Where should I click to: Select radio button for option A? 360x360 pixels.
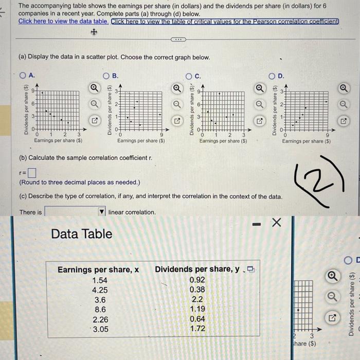23,76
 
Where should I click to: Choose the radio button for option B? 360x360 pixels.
106,76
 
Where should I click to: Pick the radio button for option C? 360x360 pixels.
189,76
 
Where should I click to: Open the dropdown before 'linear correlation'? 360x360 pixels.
75,212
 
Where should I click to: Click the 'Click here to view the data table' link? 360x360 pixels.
63,22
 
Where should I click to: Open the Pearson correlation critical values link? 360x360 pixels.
225,22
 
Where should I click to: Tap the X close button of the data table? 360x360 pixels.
276,223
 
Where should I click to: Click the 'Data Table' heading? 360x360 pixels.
81,234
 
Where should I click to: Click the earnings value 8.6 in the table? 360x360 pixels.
100,310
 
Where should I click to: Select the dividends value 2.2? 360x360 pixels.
197,300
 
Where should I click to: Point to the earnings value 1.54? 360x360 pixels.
100,280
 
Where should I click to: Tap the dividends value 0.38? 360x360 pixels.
197,290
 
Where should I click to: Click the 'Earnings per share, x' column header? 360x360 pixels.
98,269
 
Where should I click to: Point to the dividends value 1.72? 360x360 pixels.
197,329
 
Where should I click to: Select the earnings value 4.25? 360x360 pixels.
100,290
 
